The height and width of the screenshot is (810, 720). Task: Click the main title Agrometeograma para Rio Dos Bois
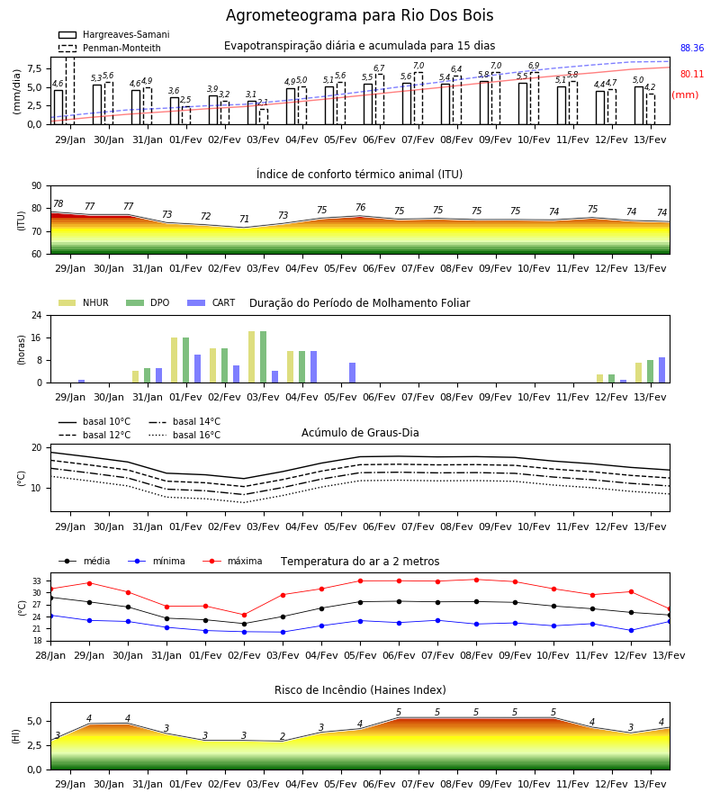(x=359, y=15)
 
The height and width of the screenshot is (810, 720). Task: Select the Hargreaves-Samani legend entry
(x=113, y=34)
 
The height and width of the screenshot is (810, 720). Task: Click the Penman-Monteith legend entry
(x=110, y=48)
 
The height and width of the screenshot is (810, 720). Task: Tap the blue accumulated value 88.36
(x=692, y=48)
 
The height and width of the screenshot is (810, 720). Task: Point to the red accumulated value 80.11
(x=692, y=74)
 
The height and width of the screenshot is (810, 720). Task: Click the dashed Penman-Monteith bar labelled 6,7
(x=380, y=99)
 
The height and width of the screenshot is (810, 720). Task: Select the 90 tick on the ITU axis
(x=36, y=186)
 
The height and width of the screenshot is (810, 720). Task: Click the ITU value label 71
(x=244, y=219)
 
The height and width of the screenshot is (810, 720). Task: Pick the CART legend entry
(x=211, y=302)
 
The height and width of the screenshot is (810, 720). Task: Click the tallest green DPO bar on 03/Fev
(x=264, y=357)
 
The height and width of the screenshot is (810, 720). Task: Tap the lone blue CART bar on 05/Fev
(x=352, y=373)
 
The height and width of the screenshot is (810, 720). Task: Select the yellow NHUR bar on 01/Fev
(x=174, y=360)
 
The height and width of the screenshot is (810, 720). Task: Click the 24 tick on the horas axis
(x=36, y=315)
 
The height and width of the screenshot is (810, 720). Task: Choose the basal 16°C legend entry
(x=184, y=435)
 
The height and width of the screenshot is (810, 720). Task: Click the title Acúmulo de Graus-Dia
(x=360, y=432)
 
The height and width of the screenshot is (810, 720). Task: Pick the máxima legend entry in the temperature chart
(x=232, y=561)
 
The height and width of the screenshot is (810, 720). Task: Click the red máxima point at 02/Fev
(x=244, y=615)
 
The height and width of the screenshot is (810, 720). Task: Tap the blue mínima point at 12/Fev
(x=631, y=630)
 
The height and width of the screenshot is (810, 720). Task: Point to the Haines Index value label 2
(x=283, y=736)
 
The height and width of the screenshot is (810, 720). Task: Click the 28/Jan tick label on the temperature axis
(x=50, y=655)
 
